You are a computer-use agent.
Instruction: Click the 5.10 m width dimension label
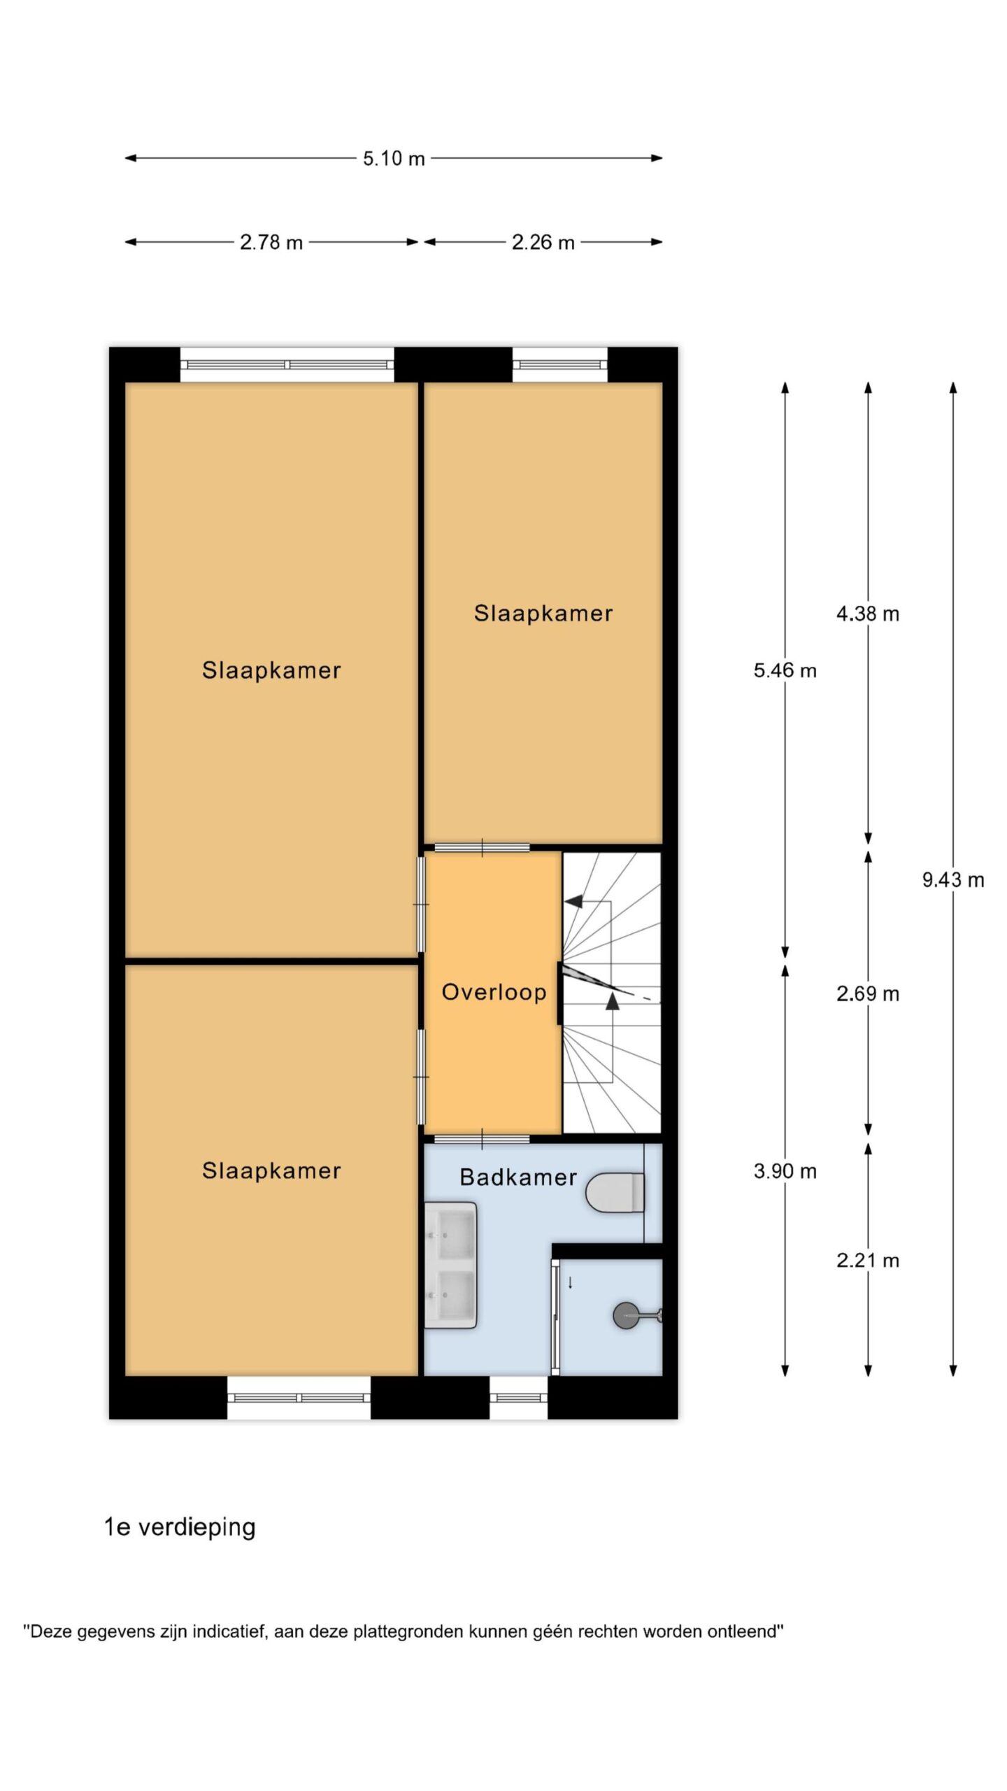pos(394,159)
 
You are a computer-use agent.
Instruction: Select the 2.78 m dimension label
pos(271,243)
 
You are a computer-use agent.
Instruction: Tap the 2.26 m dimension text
pos(543,243)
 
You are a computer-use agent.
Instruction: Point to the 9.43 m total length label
pos(953,880)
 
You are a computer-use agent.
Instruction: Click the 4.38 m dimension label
pos(868,614)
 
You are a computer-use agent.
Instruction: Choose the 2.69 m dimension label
pos(868,993)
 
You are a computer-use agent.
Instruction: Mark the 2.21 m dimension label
pos(868,1261)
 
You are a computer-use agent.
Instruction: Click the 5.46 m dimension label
pos(785,671)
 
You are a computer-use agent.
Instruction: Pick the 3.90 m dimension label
pos(785,1171)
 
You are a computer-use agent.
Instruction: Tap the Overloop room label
pos(494,992)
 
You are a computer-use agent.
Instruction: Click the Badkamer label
pos(518,1177)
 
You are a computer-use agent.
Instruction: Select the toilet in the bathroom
pos(615,1193)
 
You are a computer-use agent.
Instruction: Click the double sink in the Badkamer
pos(451,1265)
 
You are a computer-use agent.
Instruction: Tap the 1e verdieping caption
pos(180,1528)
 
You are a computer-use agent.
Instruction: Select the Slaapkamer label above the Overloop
pos(543,614)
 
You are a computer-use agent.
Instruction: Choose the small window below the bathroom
pos(518,1398)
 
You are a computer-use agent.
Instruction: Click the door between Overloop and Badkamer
pos(483,1140)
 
